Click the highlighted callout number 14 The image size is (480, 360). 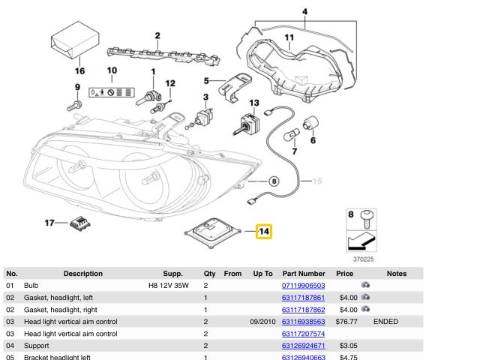pyautogui.click(x=264, y=232)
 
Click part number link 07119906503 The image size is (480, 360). pyautogui.click(x=303, y=286)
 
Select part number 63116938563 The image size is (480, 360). pyautogui.click(x=303, y=322)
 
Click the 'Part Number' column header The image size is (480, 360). pyautogui.click(x=303, y=274)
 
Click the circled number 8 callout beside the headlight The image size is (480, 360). pyautogui.click(x=273, y=181)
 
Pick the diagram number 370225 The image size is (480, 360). pyautogui.click(x=361, y=259)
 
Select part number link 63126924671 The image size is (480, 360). pyautogui.click(x=303, y=346)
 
